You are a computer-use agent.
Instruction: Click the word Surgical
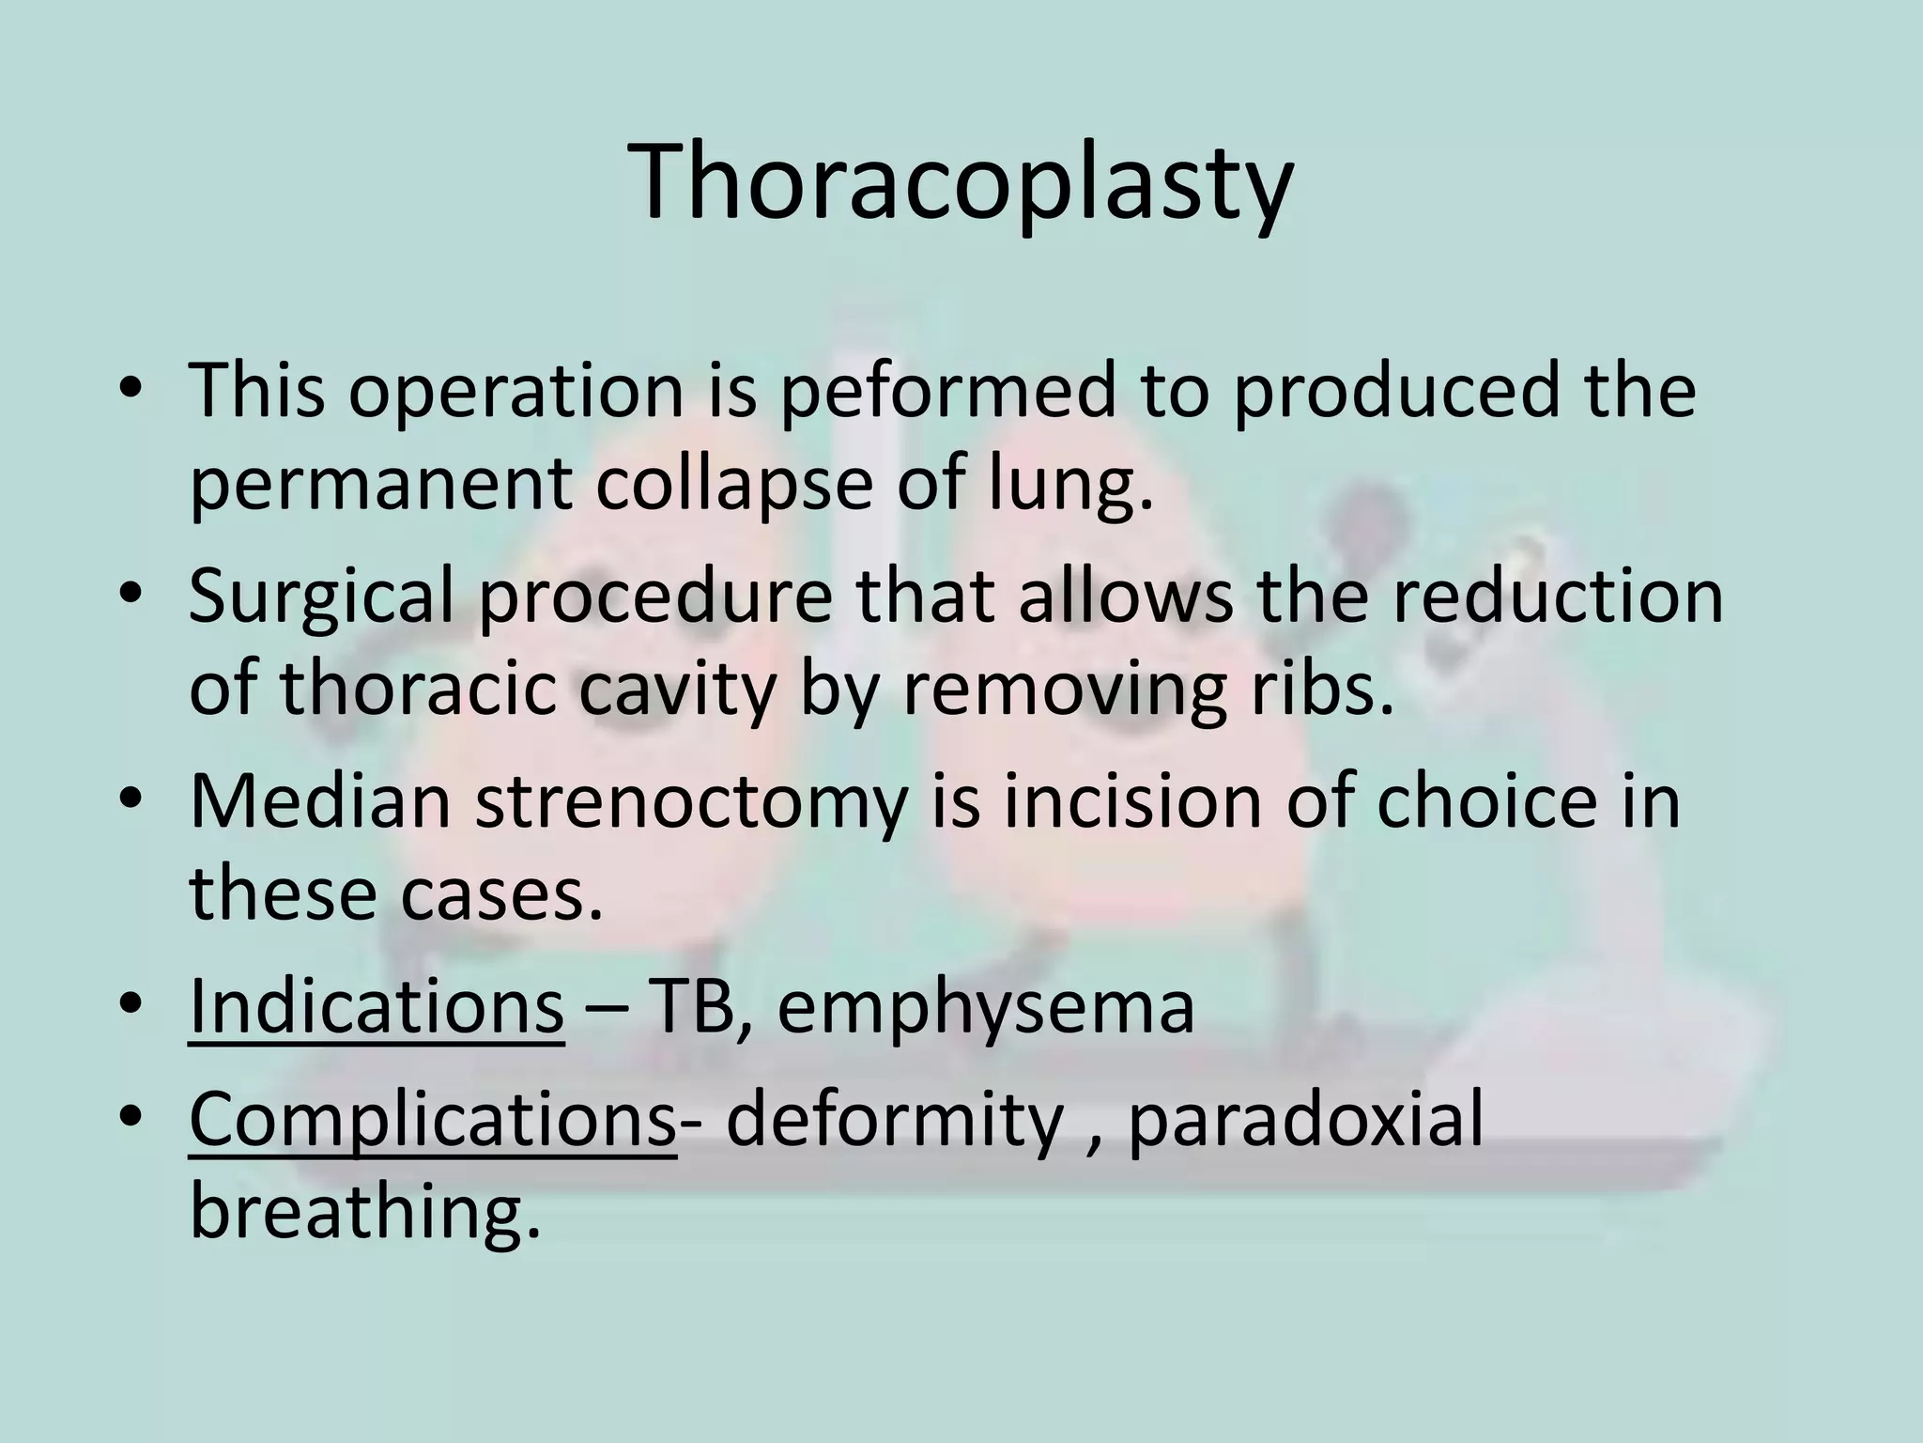pyautogui.click(x=320, y=597)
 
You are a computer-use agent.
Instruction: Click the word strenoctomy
pyautogui.click(x=691, y=804)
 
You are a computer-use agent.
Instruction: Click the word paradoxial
pyautogui.click(x=1305, y=1122)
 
